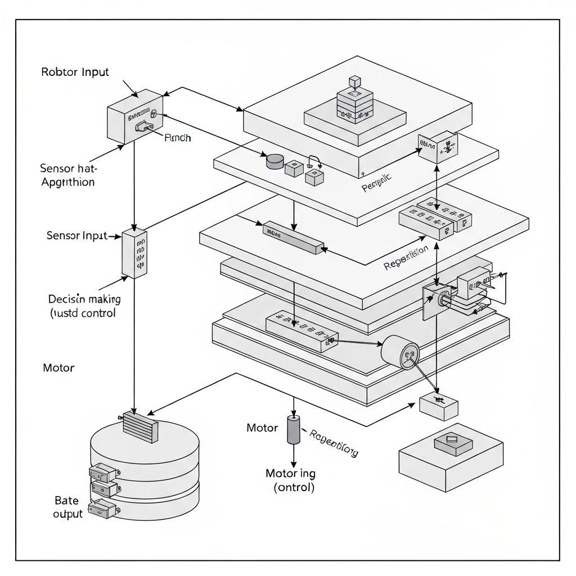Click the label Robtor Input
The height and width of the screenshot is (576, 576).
tap(75, 72)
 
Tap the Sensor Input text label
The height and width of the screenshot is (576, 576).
tap(76, 236)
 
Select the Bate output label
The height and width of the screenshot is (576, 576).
tap(67, 507)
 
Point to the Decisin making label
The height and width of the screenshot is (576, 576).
tap(84, 299)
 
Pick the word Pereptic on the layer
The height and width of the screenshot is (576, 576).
tap(377, 183)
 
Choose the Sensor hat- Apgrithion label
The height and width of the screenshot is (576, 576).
tap(67, 174)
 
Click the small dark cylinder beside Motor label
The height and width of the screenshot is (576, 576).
tap(294, 430)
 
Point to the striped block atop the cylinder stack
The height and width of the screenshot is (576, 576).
tap(141, 426)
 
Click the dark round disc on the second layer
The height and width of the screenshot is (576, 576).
tap(274, 161)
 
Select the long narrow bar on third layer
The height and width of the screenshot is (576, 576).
tap(294, 237)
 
